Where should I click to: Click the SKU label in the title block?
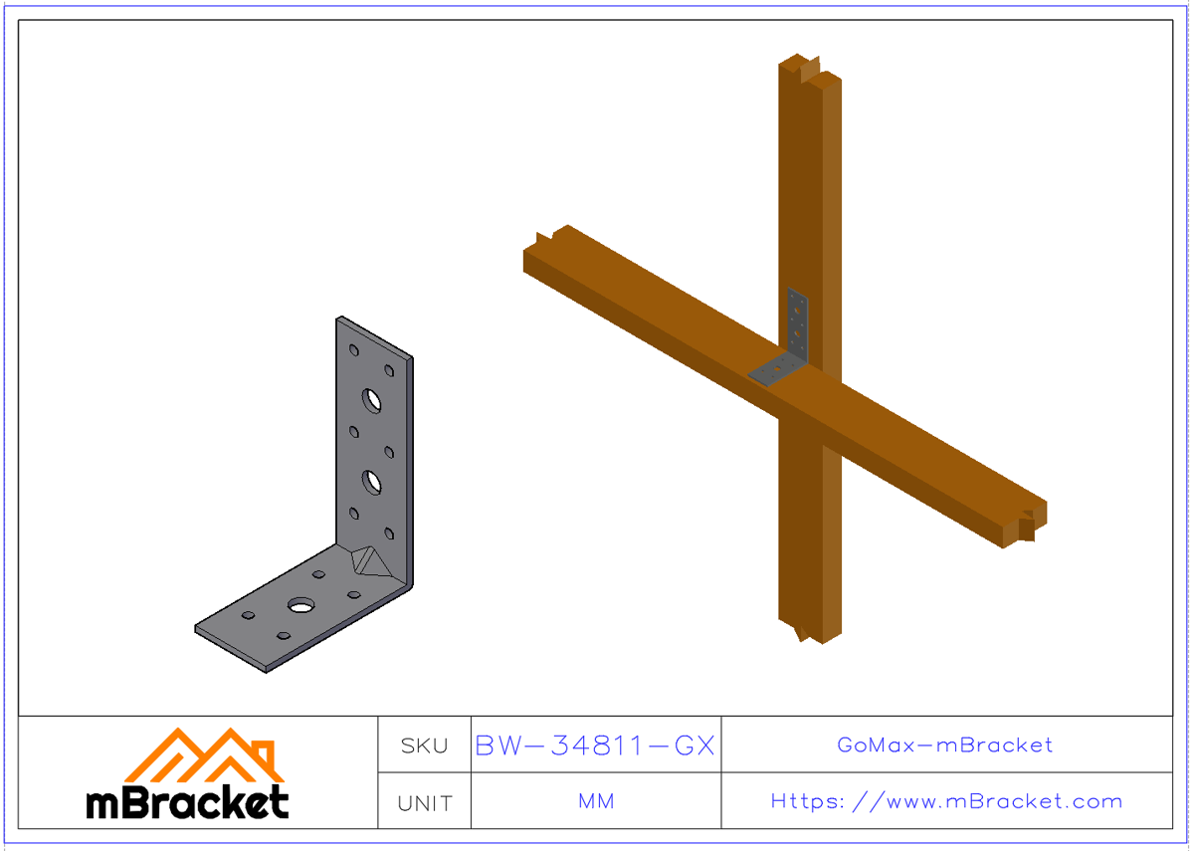(425, 745)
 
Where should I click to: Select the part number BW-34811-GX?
(595, 745)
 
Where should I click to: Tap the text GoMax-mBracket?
(945, 745)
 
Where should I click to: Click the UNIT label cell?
(425, 802)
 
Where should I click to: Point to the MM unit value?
(595, 801)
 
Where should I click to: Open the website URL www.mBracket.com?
(946, 801)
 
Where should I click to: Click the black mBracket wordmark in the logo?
(188, 801)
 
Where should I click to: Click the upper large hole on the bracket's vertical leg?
(372, 400)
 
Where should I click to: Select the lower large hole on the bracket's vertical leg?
(372, 483)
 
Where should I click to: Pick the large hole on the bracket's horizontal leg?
(300, 605)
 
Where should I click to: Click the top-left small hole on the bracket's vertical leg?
(354, 350)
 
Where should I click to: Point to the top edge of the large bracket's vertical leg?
(374, 335)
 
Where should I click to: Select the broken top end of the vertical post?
(809, 68)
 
